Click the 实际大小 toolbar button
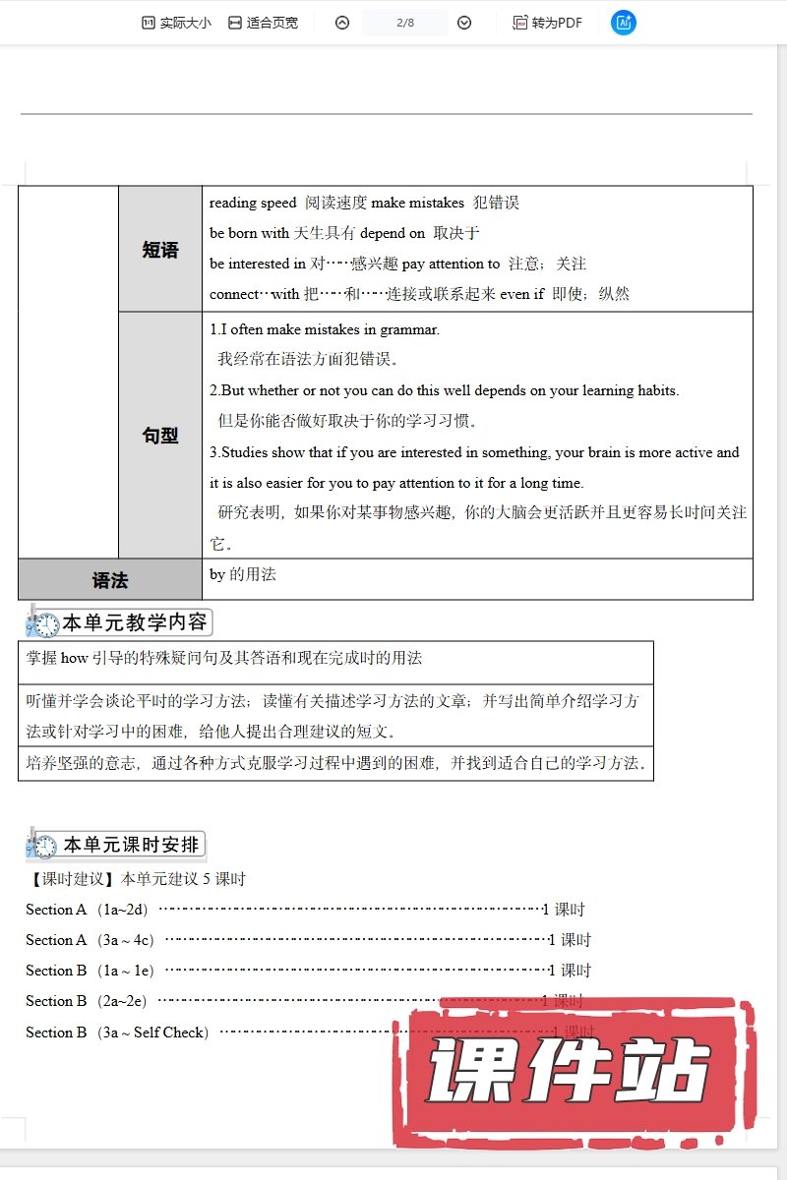176,23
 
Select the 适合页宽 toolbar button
263,23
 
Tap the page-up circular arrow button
342,23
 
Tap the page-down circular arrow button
464,23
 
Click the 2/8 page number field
404,23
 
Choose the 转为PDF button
548,23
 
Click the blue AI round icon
623,23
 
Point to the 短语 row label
160,250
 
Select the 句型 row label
160,436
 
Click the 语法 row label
110,580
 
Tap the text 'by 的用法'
243,574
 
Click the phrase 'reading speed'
253,203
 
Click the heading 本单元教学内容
136,622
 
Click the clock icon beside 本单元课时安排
43,846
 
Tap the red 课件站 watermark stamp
571,1072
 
